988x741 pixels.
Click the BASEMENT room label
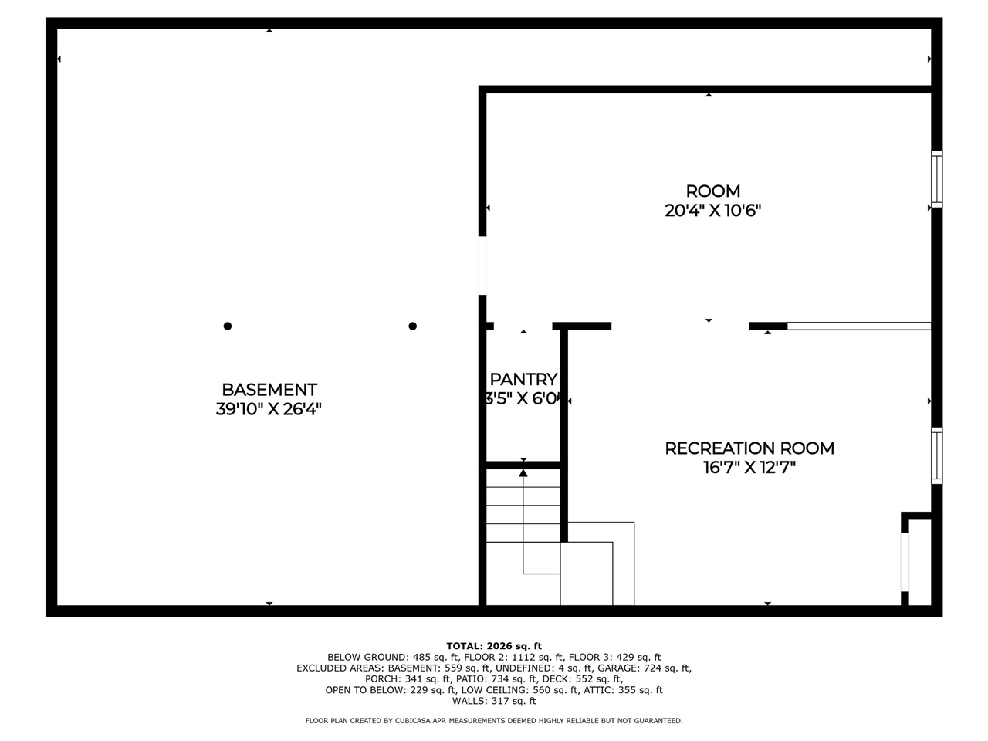(x=269, y=390)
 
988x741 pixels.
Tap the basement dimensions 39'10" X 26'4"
(x=269, y=409)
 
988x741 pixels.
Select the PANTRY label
(x=523, y=379)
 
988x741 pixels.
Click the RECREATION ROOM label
(x=749, y=448)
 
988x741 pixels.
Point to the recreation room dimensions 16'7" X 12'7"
(x=749, y=467)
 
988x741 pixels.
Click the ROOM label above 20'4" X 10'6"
(x=712, y=191)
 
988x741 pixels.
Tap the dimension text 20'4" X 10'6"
(x=712, y=210)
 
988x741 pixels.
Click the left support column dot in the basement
(x=228, y=326)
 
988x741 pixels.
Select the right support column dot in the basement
(x=413, y=326)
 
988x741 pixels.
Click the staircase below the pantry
(x=523, y=533)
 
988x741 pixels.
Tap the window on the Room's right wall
(x=936, y=179)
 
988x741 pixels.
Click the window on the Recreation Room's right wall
(x=936, y=455)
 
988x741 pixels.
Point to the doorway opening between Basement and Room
(x=482, y=266)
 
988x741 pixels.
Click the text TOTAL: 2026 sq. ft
(x=494, y=646)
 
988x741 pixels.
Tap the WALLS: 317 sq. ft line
(x=494, y=701)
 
